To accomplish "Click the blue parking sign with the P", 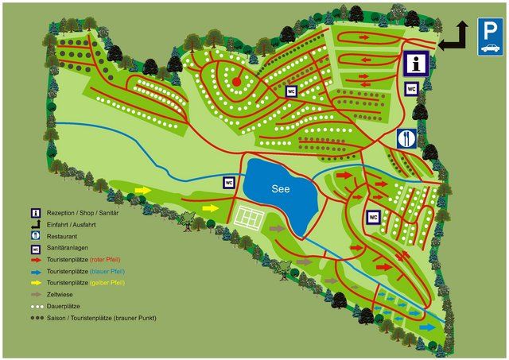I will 490,37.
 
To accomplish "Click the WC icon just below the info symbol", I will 412,89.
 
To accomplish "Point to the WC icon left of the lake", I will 229,182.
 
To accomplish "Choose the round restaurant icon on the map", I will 406,138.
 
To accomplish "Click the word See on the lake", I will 282,189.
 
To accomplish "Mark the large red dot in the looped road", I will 236,80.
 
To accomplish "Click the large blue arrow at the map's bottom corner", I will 427,327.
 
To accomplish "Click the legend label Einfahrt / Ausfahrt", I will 70,225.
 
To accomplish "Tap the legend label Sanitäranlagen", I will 68,248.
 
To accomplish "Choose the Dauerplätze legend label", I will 64,306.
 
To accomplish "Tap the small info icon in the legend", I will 36,213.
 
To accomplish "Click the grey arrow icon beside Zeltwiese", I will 36,294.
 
